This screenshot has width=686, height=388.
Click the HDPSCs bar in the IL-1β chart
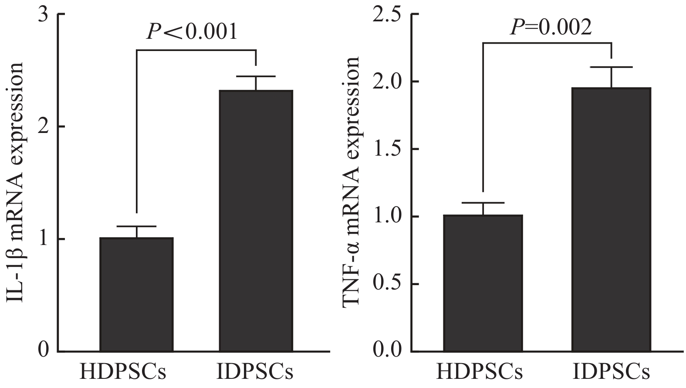pos(136,294)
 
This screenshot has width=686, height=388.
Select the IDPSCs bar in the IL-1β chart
pos(256,221)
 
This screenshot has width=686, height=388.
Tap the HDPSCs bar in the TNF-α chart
pos(483,283)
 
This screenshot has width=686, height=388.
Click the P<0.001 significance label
pos(192,31)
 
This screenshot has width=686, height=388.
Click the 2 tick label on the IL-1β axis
pos(44,127)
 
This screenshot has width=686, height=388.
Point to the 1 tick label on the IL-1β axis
pos(44,239)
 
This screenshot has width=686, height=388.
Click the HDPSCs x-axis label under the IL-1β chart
pos(123,373)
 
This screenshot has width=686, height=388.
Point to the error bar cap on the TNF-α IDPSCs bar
pos(612,67)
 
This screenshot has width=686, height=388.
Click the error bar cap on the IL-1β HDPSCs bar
pos(136,226)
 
